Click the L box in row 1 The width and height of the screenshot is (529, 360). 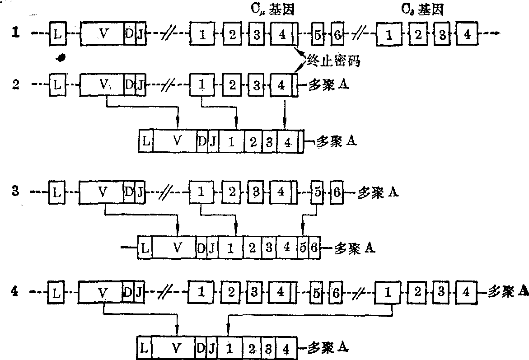[x=56, y=33]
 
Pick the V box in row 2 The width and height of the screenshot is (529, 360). [x=103, y=84]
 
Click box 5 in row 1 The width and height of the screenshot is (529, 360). [x=318, y=34]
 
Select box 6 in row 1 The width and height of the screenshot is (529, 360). [x=337, y=34]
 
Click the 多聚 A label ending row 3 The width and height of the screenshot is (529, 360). [x=377, y=193]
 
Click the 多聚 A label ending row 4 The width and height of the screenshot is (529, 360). [x=508, y=291]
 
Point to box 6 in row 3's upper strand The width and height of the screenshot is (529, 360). [x=337, y=192]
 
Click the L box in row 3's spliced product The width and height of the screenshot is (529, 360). [x=145, y=248]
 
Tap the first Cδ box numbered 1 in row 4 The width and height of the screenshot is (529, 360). [x=388, y=292]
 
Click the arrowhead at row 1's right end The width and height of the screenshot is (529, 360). [x=496, y=33]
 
